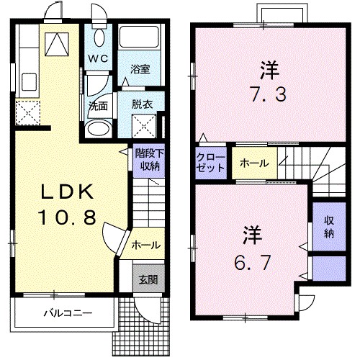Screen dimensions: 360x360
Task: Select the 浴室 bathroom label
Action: [x=140, y=70]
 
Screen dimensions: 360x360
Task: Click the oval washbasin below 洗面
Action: [x=96, y=128]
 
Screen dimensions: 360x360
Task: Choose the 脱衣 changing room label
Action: [x=141, y=104]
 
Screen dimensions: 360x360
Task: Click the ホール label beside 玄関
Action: [x=145, y=246]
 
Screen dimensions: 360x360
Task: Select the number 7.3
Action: [x=269, y=94]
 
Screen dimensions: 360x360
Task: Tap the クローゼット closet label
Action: [x=211, y=161]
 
